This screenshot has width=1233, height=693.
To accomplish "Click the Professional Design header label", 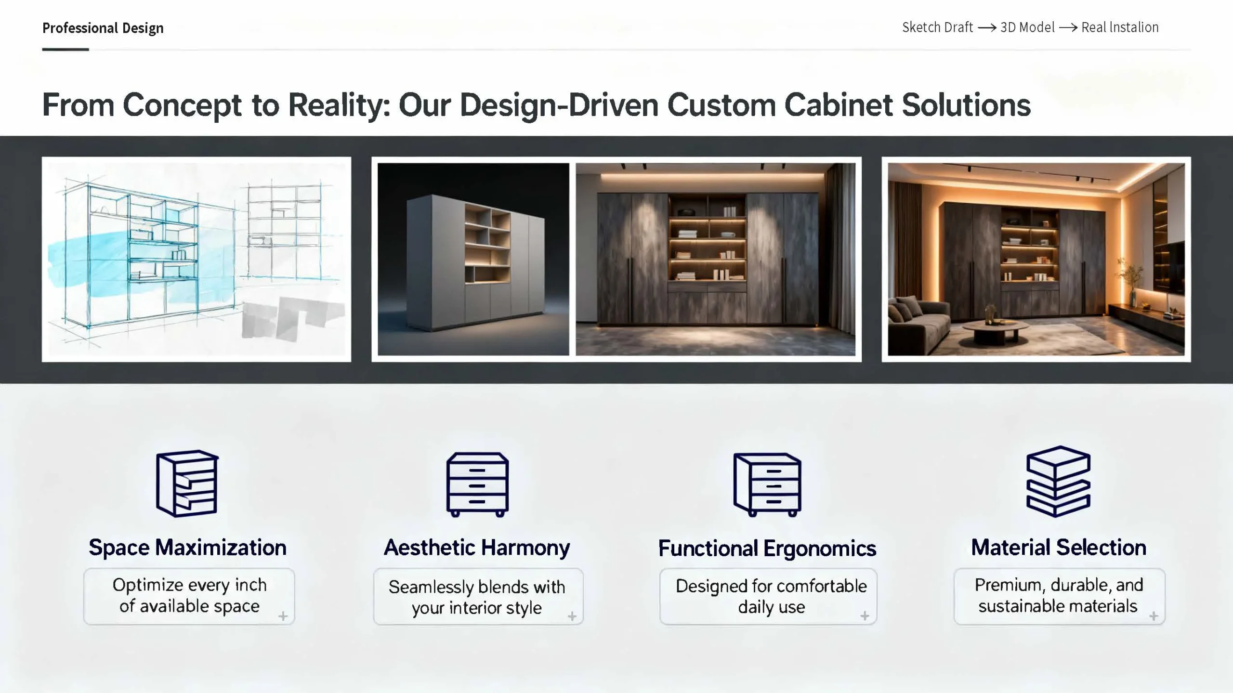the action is (x=103, y=28).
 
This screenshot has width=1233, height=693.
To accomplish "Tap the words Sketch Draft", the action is (x=937, y=27).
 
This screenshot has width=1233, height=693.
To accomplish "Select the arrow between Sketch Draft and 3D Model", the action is (x=987, y=28).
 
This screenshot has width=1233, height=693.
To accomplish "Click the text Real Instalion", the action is (x=1120, y=27).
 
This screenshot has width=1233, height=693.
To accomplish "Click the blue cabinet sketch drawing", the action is (x=197, y=259).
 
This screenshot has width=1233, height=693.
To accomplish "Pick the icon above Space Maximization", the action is (x=187, y=484).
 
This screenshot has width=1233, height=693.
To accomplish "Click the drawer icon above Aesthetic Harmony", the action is (x=477, y=484).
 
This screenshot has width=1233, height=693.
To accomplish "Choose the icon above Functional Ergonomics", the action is (x=767, y=484).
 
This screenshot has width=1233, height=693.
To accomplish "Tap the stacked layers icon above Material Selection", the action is (x=1058, y=482).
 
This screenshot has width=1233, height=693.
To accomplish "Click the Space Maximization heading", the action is (x=187, y=548).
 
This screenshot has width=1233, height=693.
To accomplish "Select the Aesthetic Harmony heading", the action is (x=477, y=548).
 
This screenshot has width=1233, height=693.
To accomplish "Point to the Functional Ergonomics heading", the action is (x=767, y=549).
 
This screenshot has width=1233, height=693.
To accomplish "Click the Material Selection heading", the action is (x=1059, y=548).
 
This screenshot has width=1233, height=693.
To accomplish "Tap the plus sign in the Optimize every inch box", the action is (x=283, y=616).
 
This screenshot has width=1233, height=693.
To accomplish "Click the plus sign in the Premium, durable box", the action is (x=1154, y=616).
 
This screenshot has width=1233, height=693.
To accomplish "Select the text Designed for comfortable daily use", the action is (x=771, y=596).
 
